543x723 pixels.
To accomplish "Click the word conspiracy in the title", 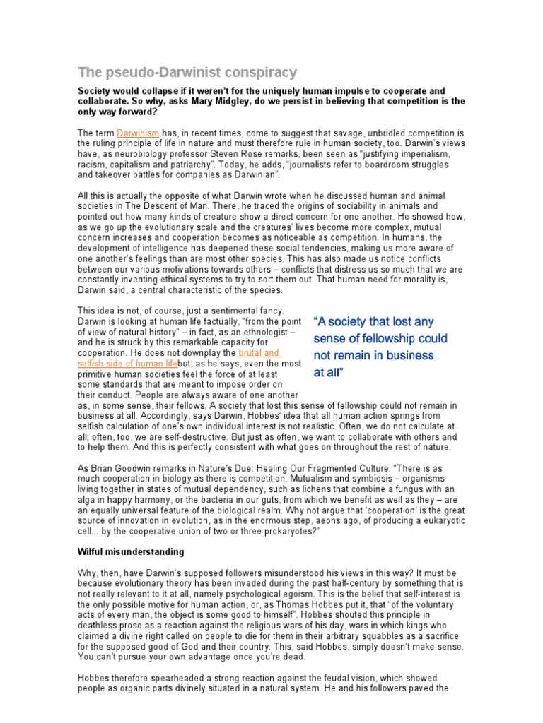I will click(257, 72).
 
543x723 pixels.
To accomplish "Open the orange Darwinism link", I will click(139, 133).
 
